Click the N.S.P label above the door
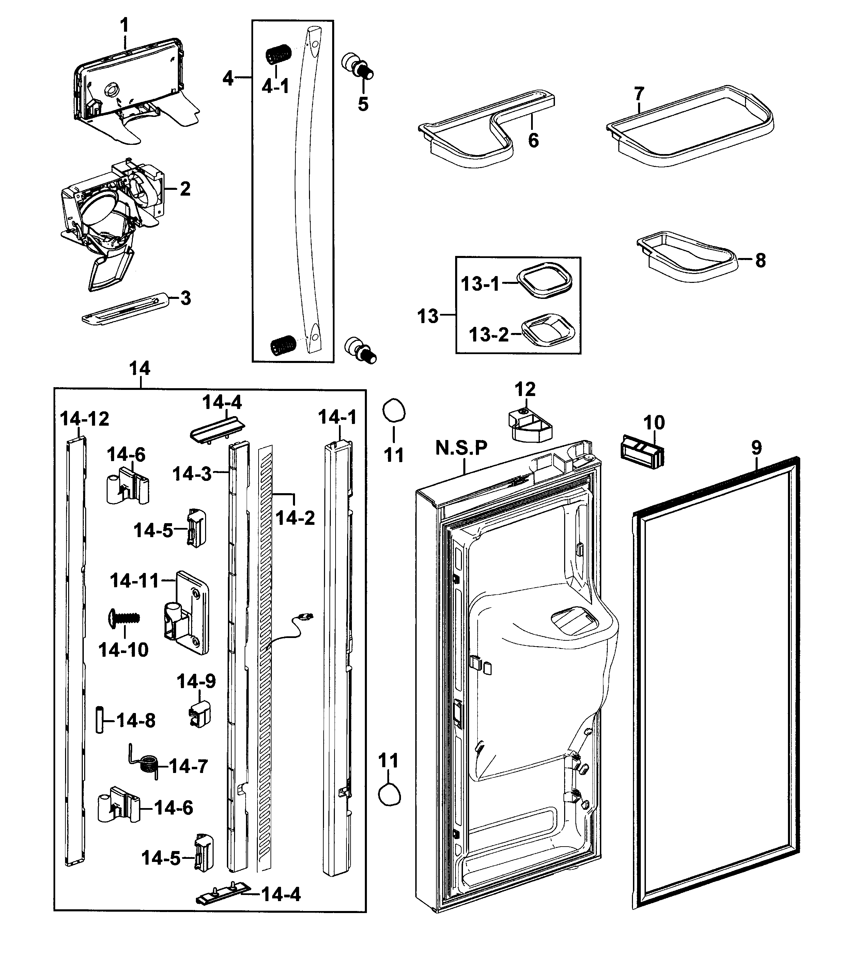click(x=461, y=448)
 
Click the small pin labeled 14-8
click(x=99, y=719)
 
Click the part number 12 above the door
click(x=525, y=389)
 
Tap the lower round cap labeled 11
click(x=389, y=795)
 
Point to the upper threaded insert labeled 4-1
click(x=278, y=55)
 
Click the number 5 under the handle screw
click(x=363, y=104)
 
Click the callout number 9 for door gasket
click(x=757, y=447)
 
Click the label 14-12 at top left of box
click(x=84, y=419)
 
